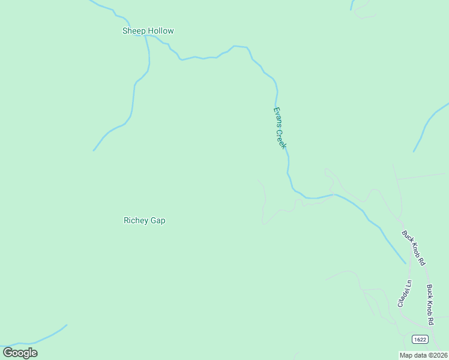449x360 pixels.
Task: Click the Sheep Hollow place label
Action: coord(148,31)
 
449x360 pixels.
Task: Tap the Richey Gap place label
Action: coord(144,220)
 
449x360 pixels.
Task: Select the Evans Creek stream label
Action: coord(280,128)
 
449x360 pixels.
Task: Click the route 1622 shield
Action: coord(420,340)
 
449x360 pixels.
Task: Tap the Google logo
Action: coord(20,353)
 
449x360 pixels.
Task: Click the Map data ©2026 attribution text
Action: coord(423,355)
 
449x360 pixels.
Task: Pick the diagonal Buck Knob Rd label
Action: coord(414,248)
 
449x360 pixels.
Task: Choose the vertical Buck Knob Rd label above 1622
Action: coord(430,305)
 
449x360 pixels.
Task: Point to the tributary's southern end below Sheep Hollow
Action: coord(95,149)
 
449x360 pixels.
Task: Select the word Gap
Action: coord(158,220)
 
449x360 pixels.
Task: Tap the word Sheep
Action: coord(134,31)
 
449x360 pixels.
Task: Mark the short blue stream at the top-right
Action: coord(352,6)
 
